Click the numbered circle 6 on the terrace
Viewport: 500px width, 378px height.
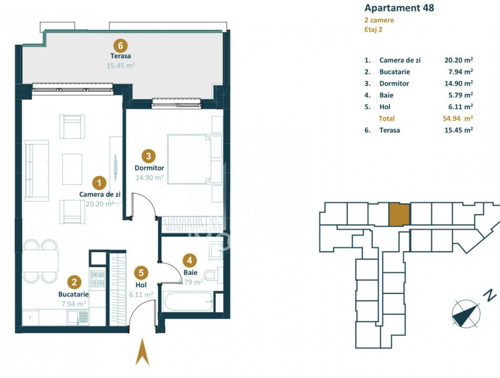(x=120, y=45)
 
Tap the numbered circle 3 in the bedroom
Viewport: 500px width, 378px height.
(x=148, y=156)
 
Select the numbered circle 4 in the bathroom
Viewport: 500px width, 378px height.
(x=190, y=260)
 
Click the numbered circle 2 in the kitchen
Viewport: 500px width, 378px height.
(x=74, y=282)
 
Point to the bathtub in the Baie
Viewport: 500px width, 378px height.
(x=188, y=301)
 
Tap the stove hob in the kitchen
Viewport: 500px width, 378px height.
(x=97, y=278)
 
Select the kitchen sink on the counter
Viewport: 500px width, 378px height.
(x=78, y=318)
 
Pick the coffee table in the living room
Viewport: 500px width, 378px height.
(x=72, y=169)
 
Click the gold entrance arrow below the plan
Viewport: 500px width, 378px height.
(x=142, y=352)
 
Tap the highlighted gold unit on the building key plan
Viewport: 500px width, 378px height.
(x=399, y=215)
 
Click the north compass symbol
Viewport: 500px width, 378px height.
(x=466, y=313)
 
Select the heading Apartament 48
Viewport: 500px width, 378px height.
(x=399, y=8)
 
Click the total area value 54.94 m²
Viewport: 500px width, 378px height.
(x=457, y=119)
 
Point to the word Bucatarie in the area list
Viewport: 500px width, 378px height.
(x=394, y=72)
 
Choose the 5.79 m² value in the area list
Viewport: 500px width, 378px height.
(x=461, y=95)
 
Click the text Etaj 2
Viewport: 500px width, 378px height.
(x=373, y=29)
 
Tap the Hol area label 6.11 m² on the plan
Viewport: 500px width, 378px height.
(x=141, y=295)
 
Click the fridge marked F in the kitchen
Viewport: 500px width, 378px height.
(x=30, y=318)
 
